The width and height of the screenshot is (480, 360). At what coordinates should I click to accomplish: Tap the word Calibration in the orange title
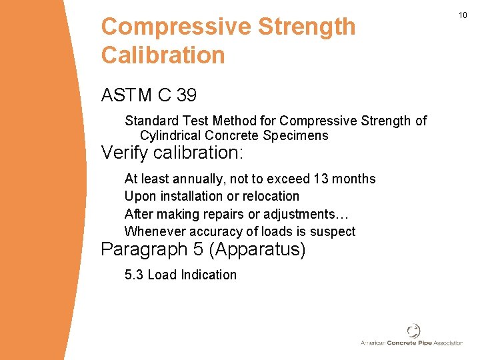[x=163, y=55]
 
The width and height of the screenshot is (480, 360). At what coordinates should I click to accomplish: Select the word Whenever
[x=155, y=231]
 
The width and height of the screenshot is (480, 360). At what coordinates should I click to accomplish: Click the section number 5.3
[x=134, y=275]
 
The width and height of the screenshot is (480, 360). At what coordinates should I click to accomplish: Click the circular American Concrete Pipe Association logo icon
[x=413, y=331]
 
